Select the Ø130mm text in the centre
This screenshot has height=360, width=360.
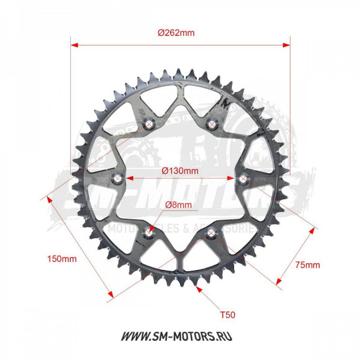(180, 170)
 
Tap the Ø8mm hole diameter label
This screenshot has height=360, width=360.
(179, 205)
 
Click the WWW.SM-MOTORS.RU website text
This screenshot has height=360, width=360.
(179, 338)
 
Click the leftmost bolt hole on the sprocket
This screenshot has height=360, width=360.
(117, 179)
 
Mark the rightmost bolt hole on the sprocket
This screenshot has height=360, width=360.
(243, 179)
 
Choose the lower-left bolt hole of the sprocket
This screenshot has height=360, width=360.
(149, 233)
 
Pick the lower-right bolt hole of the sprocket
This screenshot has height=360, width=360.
(212, 233)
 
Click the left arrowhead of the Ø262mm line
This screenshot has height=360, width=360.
(73, 45)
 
